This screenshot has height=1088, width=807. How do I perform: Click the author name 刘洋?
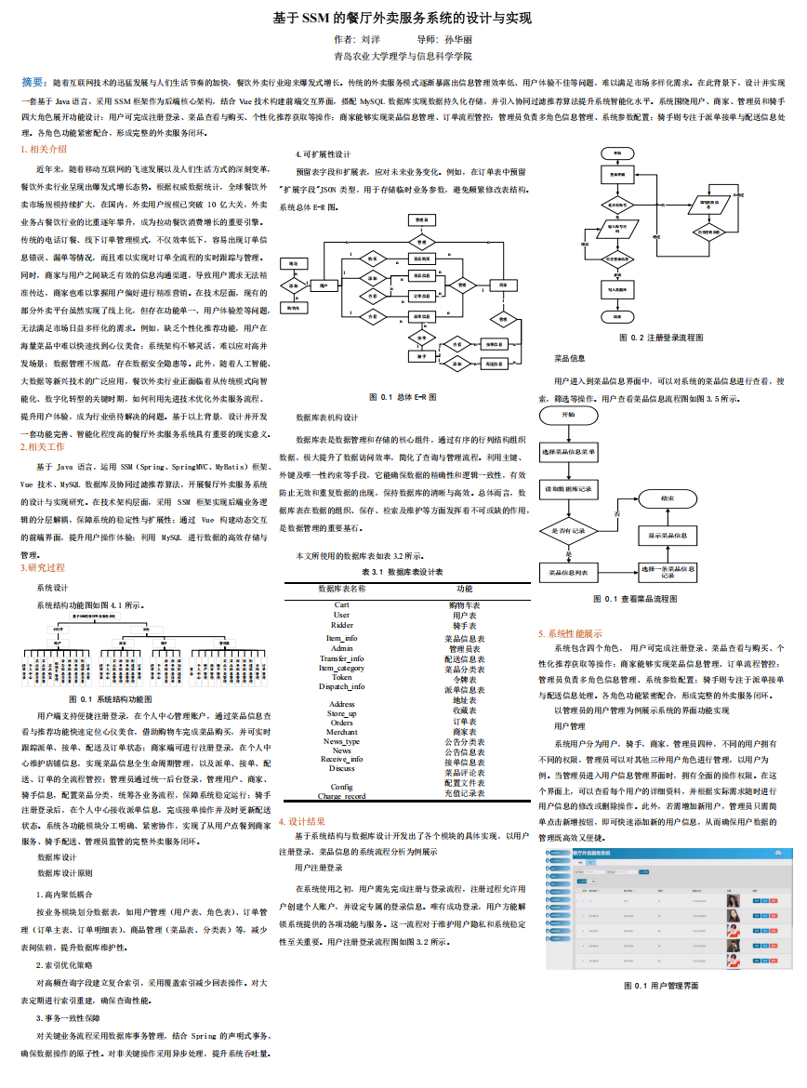tap(370, 40)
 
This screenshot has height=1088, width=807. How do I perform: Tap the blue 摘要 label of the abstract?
tap(34, 83)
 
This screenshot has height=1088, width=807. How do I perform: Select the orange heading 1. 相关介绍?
tap(44, 149)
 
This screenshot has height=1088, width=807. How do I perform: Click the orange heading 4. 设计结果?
tap(303, 821)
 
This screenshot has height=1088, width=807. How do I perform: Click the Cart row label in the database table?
tap(341, 604)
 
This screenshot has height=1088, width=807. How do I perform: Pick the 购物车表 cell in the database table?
tap(465, 604)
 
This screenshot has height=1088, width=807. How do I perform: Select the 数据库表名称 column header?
tap(342, 589)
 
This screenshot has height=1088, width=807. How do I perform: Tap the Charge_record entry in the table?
tap(341, 796)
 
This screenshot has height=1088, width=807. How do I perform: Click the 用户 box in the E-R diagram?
tap(322, 286)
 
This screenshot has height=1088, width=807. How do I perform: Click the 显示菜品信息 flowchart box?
tap(667, 536)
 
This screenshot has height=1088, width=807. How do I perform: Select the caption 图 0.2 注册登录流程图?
tap(661, 338)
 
